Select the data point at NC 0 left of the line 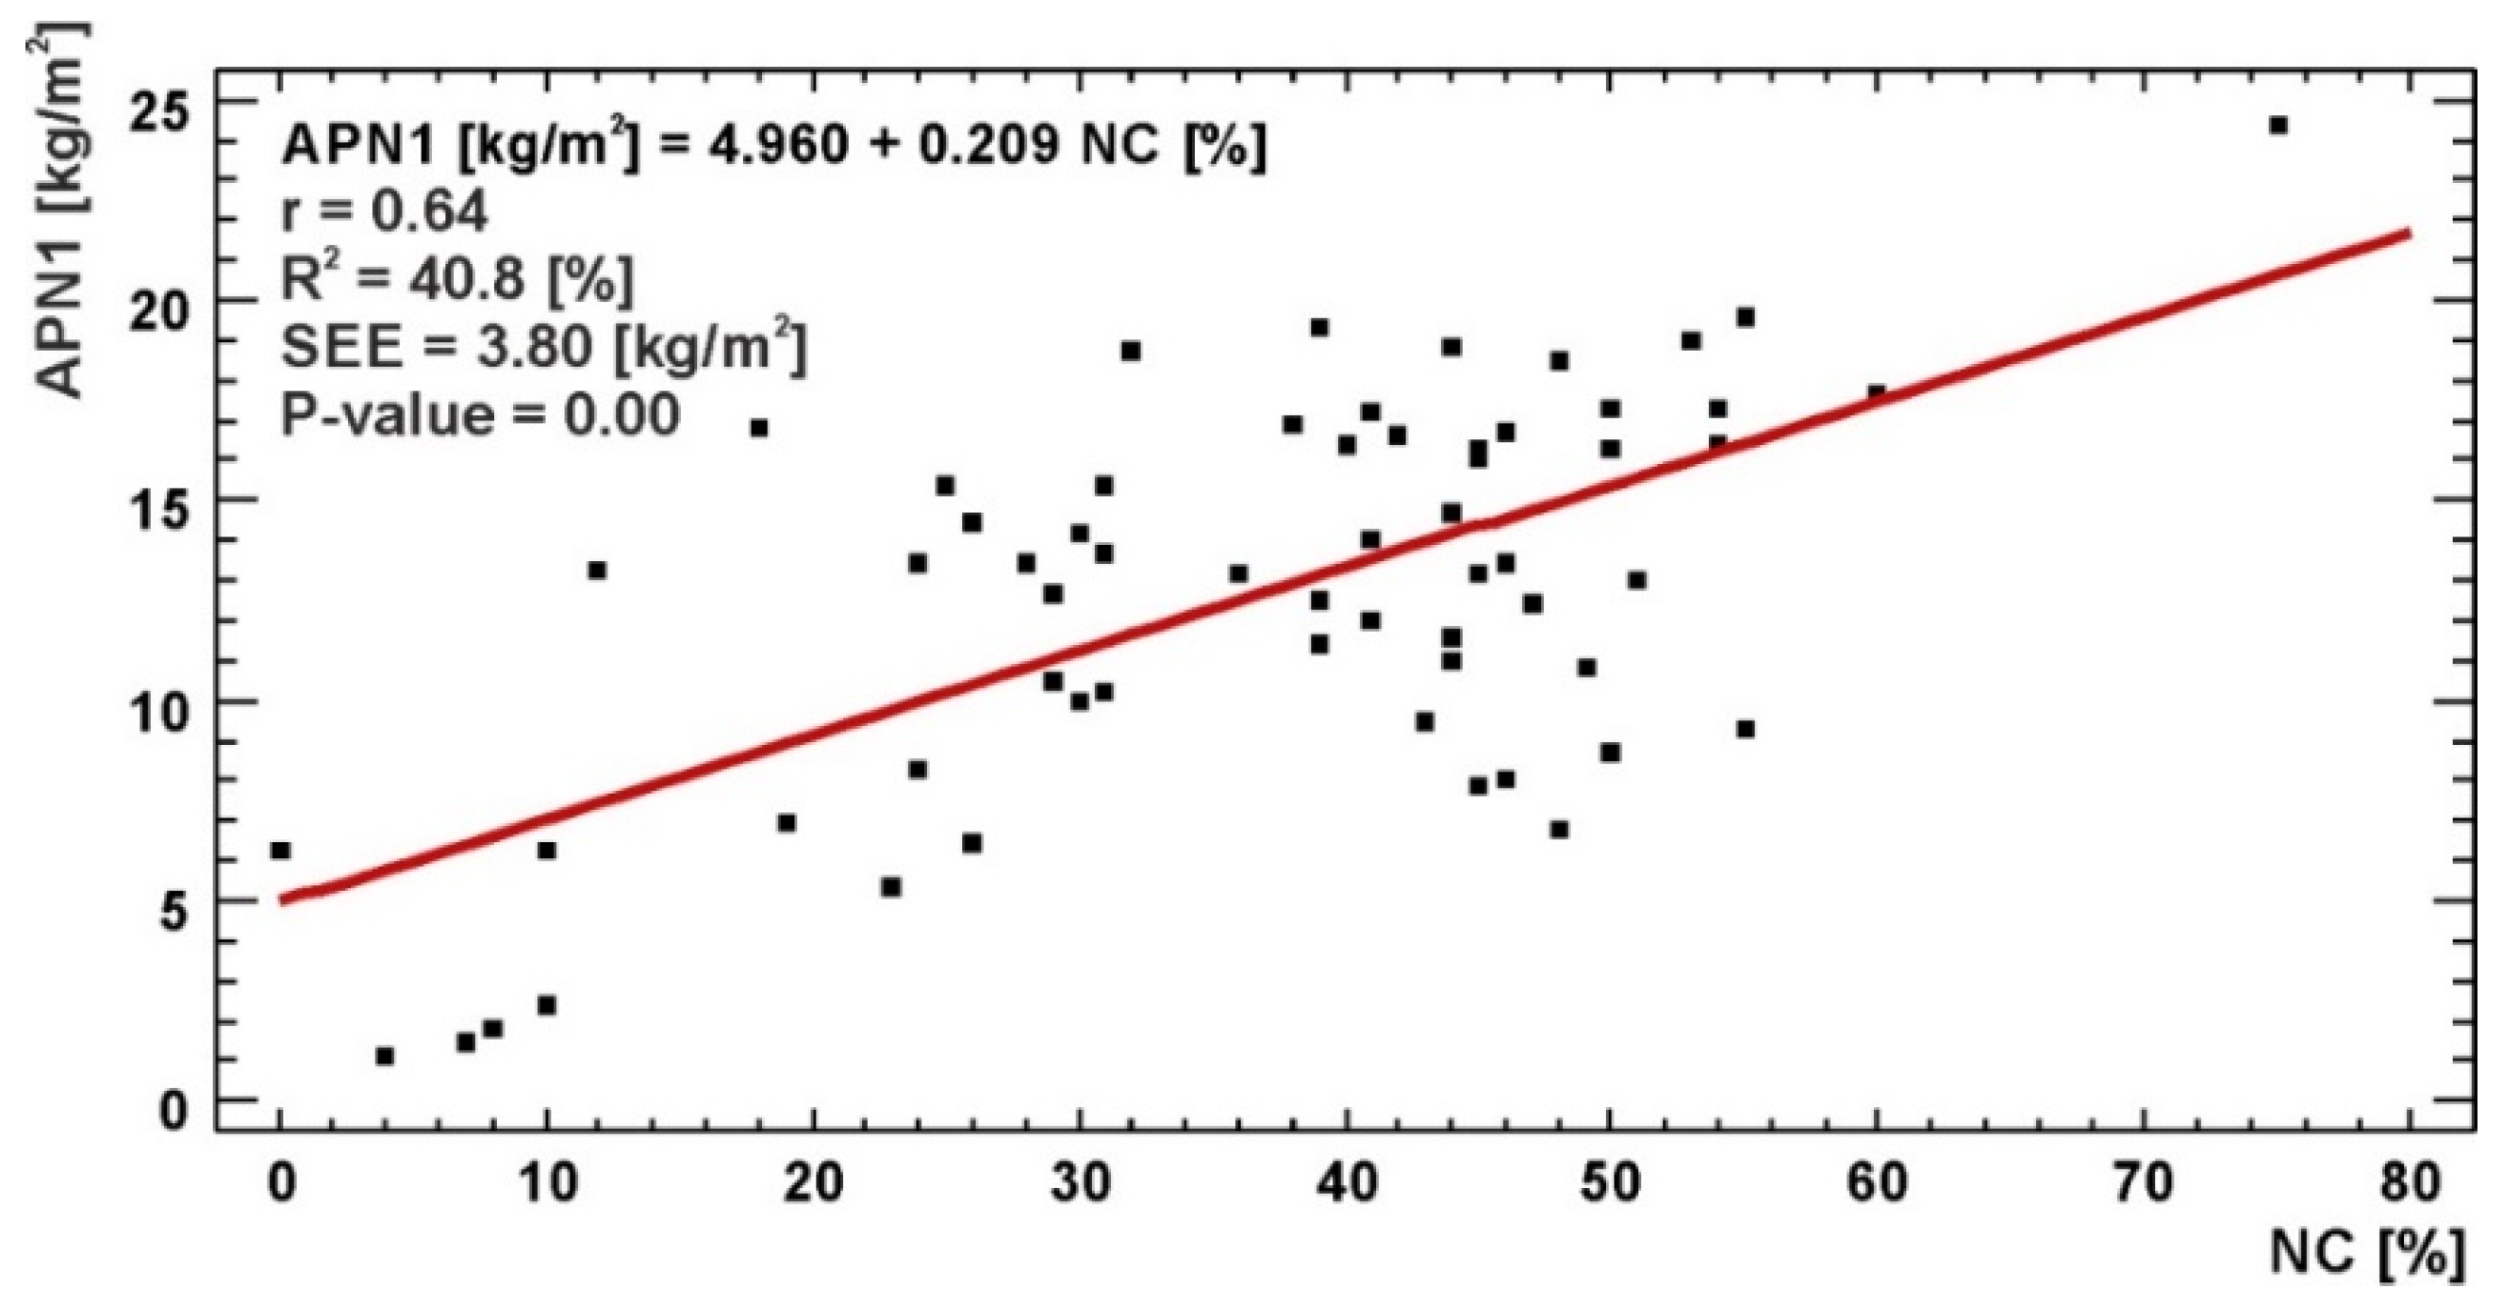click(x=281, y=851)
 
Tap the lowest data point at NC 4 click(x=385, y=1055)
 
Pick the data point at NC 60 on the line click(x=1877, y=393)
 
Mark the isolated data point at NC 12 click(x=597, y=570)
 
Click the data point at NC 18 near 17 click(x=759, y=428)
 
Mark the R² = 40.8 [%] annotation click(x=456, y=280)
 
